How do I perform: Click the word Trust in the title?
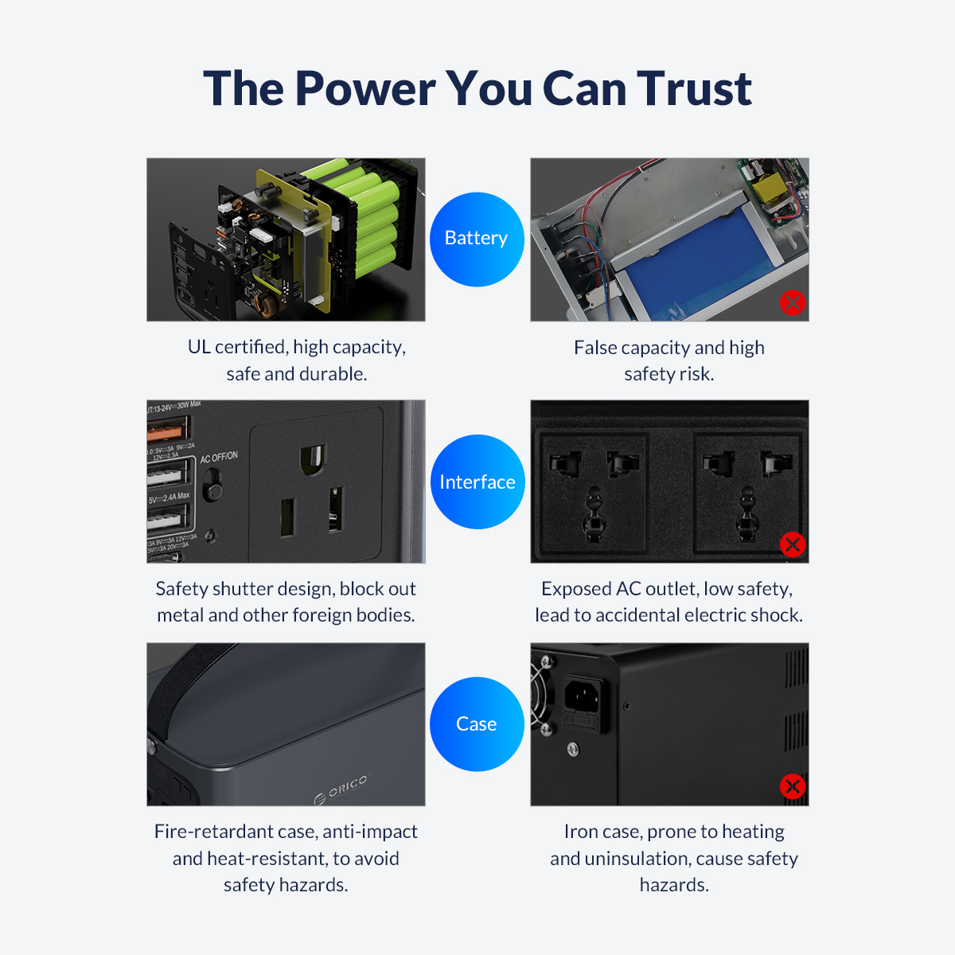694,88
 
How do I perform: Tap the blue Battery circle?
477,239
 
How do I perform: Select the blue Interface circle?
477,481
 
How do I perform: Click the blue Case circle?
477,723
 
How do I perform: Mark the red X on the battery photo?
792,302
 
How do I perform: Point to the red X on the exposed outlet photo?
792,544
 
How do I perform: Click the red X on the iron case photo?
792,786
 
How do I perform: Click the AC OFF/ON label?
219,458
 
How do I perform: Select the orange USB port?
169,431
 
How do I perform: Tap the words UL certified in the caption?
236,347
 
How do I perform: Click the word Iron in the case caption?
579,832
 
